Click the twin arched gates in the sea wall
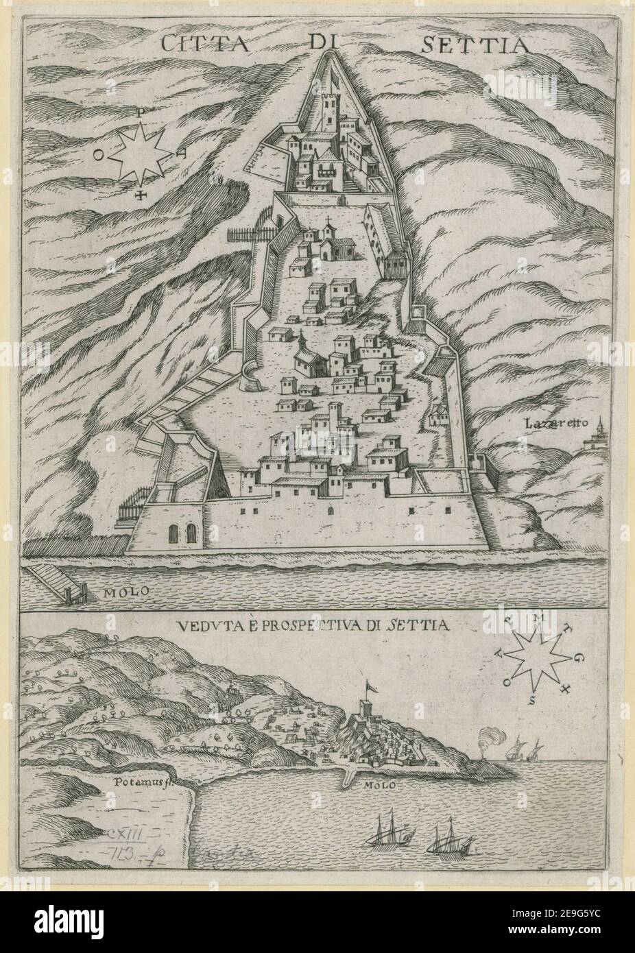coord(181,534)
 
